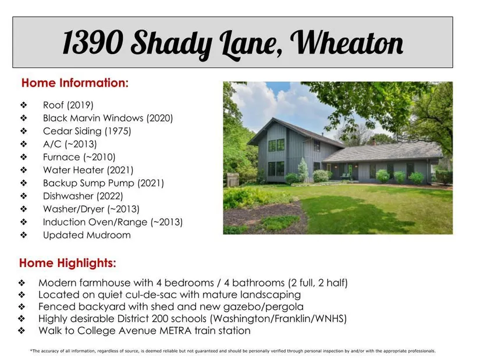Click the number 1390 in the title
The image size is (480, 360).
[93, 42]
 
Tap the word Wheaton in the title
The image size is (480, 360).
[347, 42]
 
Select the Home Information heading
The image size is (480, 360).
[75, 83]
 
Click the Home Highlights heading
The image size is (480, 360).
[67, 263]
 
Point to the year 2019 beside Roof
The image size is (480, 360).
[80, 105]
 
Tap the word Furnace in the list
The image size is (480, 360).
[62, 157]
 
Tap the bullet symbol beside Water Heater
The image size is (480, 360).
[24, 170]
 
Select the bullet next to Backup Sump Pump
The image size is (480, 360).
[24, 183]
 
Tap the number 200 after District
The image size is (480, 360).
[160, 319]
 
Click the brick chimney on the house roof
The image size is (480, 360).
[373, 142]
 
